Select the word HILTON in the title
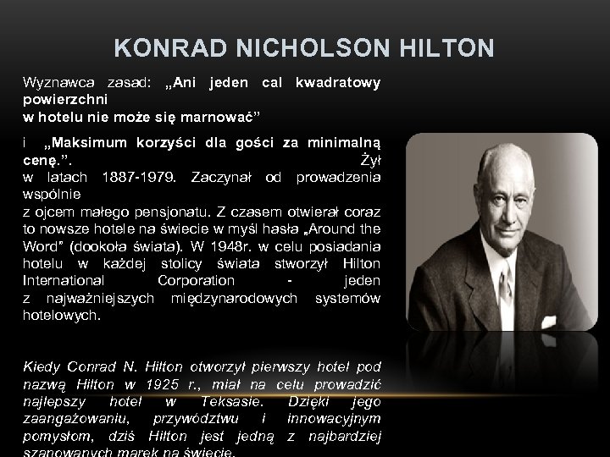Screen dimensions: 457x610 445,49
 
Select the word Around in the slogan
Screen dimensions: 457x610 334,228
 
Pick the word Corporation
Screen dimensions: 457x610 197,280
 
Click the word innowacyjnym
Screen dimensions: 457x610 334,418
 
